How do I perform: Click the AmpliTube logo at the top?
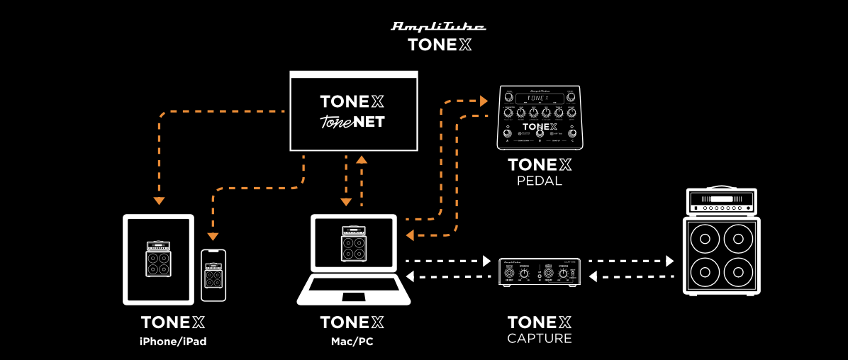pyautogui.click(x=439, y=27)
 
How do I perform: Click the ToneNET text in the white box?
pyautogui.click(x=352, y=121)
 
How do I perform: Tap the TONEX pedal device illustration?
pyautogui.click(x=540, y=117)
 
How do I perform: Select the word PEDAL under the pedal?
pyautogui.click(x=540, y=181)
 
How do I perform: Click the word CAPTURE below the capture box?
pyautogui.click(x=540, y=338)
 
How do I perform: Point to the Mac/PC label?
pyautogui.click(x=352, y=341)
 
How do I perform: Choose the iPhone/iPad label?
pyautogui.click(x=173, y=341)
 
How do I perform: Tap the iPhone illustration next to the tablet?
pyautogui.click(x=213, y=275)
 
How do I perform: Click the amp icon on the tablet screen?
pyautogui.click(x=158, y=259)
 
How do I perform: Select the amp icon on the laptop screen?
pyautogui.click(x=352, y=244)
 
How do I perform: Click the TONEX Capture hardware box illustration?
pyautogui.click(x=540, y=272)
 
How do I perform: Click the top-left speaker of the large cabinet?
pyautogui.click(x=705, y=239)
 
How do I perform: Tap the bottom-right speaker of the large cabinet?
pyautogui.click(x=739, y=273)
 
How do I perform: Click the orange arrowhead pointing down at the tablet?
pyautogui.click(x=159, y=201)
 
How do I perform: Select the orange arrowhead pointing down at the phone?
pyautogui.click(x=213, y=237)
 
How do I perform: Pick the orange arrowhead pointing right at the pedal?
pyautogui.click(x=484, y=101)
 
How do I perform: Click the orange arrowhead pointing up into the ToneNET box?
pyautogui.click(x=362, y=159)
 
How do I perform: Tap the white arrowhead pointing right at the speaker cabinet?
pyautogui.click(x=669, y=261)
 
